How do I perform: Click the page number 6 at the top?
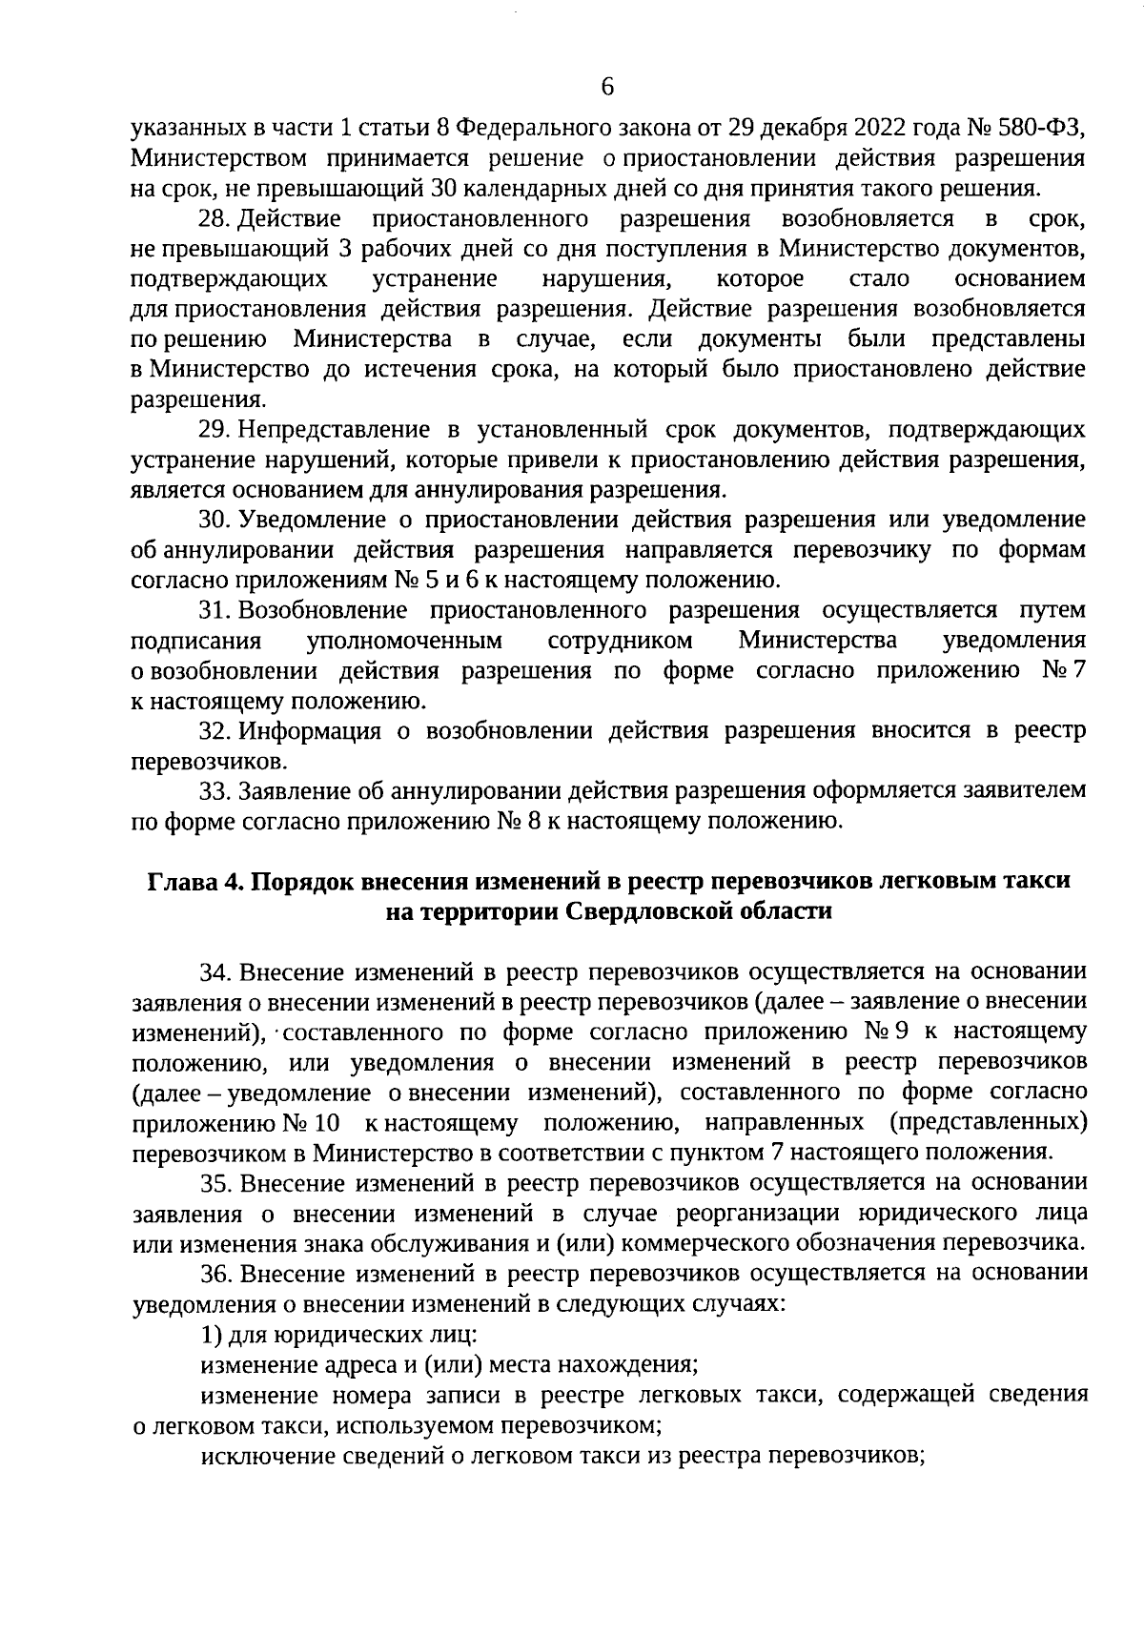tap(608, 87)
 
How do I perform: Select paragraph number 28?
tap(214, 220)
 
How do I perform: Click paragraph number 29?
tap(214, 430)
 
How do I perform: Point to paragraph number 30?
tap(214, 520)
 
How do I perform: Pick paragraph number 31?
tap(214, 609)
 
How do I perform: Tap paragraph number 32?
tap(214, 731)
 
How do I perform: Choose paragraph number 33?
tap(214, 791)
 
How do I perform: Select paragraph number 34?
tap(214, 971)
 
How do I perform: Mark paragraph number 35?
tap(214, 1182)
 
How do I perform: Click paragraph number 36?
tap(214, 1272)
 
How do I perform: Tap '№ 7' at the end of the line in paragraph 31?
tap(1063, 670)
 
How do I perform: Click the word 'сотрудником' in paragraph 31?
tap(621, 639)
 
